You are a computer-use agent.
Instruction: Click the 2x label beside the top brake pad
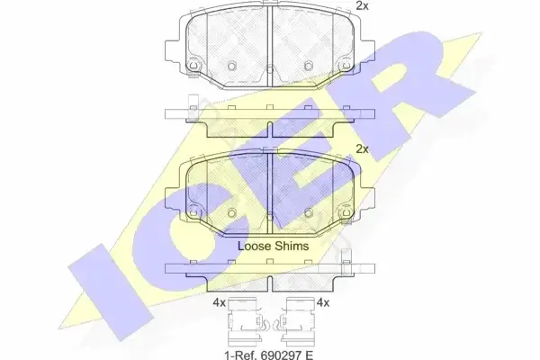pyautogui.click(x=362, y=6)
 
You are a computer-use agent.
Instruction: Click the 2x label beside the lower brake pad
pyautogui.click(x=362, y=149)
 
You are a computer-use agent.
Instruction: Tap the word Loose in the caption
pyautogui.click(x=254, y=246)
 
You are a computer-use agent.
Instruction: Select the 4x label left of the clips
pyautogui.click(x=219, y=302)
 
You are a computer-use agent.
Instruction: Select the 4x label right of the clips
pyautogui.click(x=323, y=302)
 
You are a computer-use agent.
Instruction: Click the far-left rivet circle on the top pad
pyautogui.click(x=193, y=65)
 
